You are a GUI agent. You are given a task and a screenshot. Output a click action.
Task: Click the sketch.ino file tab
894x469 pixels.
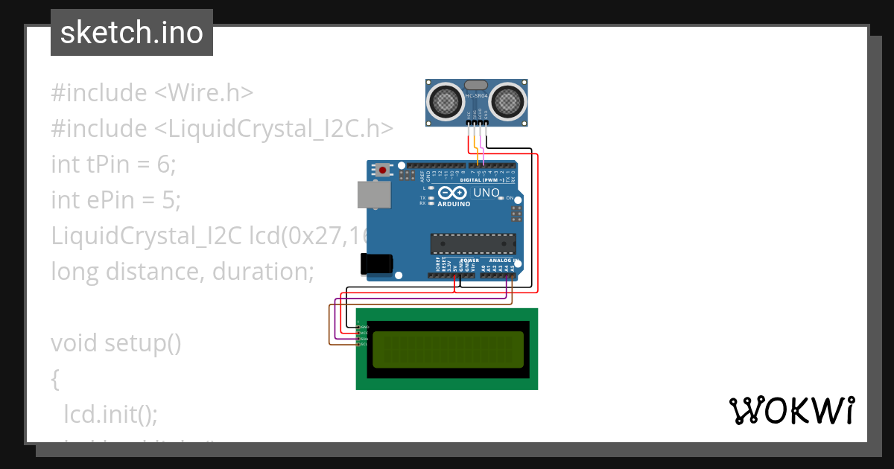coord(132,33)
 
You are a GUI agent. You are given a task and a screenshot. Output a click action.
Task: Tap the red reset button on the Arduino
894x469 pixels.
coord(383,170)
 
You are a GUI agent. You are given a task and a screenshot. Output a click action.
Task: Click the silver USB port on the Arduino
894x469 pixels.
coord(373,195)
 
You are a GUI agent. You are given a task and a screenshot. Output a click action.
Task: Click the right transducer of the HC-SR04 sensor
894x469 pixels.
coord(507,100)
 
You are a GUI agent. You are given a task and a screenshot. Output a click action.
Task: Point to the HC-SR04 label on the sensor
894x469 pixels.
coord(477,96)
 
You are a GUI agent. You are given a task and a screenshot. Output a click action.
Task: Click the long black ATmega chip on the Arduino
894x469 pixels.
coord(473,243)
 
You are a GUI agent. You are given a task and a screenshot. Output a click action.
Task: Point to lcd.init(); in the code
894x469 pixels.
coord(111,414)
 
